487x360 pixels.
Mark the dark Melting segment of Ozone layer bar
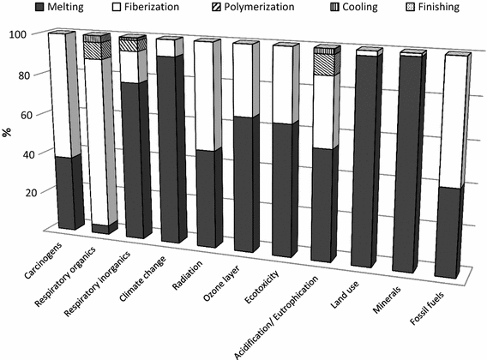(244, 184)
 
